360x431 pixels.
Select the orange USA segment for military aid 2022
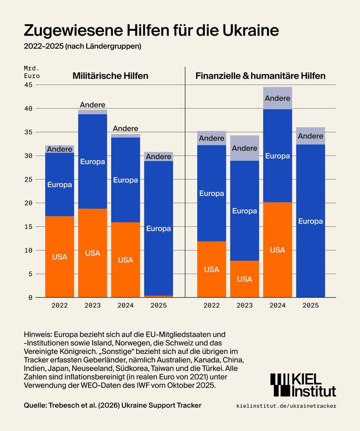click(x=59, y=256)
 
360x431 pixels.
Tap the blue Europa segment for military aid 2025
click(x=158, y=228)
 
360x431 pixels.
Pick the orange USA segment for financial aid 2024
click(x=277, y=249)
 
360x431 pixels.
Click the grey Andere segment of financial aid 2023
click(x=245, y=148)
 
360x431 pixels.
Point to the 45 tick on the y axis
click(x=28, y=85)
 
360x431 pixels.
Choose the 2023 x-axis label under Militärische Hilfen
click(x=93, y=305)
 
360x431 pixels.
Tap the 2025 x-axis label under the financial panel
click(x=310, y=305)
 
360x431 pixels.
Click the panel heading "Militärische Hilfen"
click(x=110, y=76)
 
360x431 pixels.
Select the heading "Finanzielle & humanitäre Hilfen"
click(x=260, y=76)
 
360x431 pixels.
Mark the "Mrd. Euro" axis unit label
click(x=32, y=72)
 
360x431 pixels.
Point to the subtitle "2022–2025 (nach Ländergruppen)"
click(x=82, y=46)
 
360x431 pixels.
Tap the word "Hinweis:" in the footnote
click(x=39, y=334)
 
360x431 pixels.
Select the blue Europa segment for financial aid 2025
click(x=310, y=221)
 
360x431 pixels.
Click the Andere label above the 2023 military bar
click(x=93, y=105)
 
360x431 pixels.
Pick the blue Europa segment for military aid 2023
click(x=93, y=161)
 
